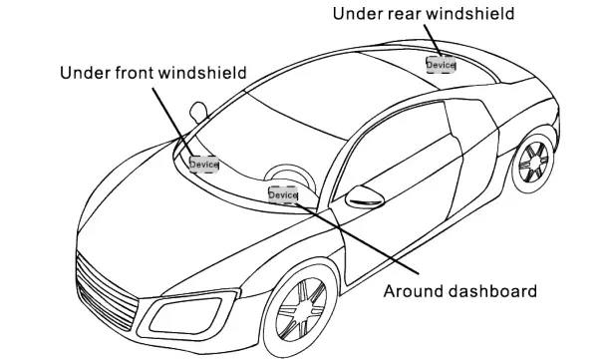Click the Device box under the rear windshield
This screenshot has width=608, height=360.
[x=441, y=64]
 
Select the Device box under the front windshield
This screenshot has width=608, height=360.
[x=203, y=164]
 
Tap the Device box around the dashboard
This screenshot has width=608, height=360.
[x=283, y=195]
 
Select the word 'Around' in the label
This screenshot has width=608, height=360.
[x=410, y=291]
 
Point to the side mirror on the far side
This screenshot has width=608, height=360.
[x=198, y=108]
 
